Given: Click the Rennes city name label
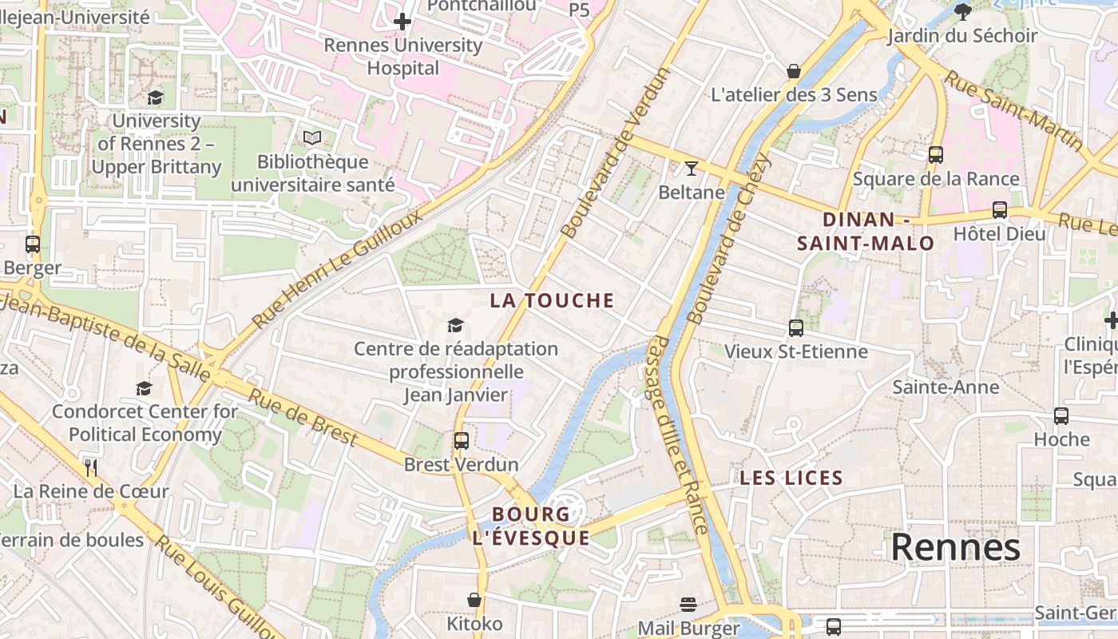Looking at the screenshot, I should [x=955, y=548].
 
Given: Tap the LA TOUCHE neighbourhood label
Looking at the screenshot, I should [x=552, y=300].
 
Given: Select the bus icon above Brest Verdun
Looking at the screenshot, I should [x=462, y=440].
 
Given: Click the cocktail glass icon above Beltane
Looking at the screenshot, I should [x=691, y=168].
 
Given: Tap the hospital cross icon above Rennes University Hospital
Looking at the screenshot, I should [x=402, y=21].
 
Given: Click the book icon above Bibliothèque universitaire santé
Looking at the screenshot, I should [x=312, y=138].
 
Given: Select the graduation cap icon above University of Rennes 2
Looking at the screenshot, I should [x=155, y=97].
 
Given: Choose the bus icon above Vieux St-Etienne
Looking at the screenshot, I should [x=795, y=327].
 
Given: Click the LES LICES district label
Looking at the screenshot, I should [x=791, y=478].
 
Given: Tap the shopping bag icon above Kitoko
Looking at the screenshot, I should [x=474, y=599].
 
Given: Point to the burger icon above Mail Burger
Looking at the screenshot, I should [x=688, y=604].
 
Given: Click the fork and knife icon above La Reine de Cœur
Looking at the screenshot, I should [x=91, y=467].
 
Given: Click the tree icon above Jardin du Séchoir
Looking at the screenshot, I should [x=962, y=11].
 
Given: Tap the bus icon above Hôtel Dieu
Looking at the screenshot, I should [x=999, y=210].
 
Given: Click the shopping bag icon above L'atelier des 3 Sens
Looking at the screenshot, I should [x=793, y=71].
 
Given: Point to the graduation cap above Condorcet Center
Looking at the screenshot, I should [x=144, y=388].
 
